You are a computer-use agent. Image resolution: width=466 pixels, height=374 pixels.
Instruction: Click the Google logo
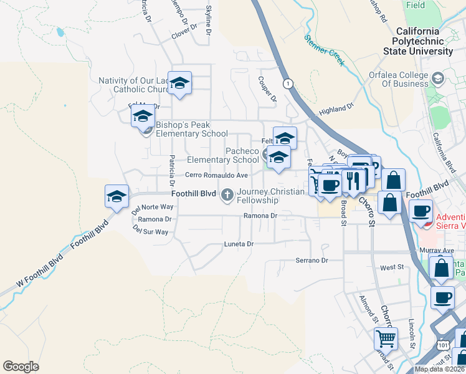click(x=21, y=367)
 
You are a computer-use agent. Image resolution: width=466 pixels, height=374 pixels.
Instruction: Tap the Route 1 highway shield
click(x=287, y=83)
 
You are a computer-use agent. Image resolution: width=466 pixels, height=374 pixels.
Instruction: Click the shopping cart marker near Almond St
click(x=386, y=339)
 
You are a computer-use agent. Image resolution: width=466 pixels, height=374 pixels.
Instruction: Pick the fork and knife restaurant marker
click(x=353, y=180)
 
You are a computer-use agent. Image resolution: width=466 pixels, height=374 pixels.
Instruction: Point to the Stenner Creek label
click(x=324, y=49)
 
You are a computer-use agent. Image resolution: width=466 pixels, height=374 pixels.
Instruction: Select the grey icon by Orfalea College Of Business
click(x=439, y=78)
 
